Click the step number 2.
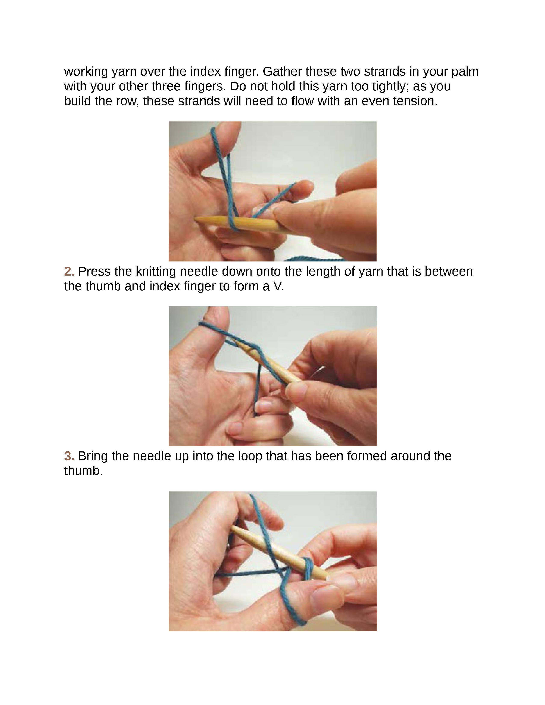tap(69, 272)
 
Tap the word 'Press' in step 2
tap(94, 272)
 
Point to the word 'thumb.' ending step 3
tap(83, 471)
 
